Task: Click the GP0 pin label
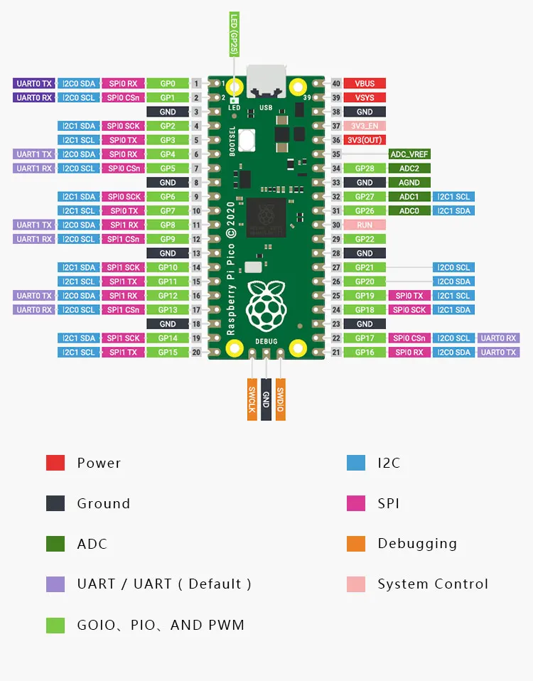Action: pyautogui.click(x=168, y=83)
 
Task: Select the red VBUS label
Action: pyautogui.click(x=365, y=83)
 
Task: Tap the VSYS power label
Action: pyautogui.click(x=365, y=97)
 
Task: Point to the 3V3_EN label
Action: pyautogui.click(x=365, y=126)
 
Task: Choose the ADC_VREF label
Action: pyautogui.click(x=409, y=154)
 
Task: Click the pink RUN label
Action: pyautogui.click(x=365, y=225)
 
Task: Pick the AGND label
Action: pyautogui.click(x=409, y=182)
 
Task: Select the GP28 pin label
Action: pyautogui.click(x=365, y=168)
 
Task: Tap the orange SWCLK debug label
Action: pyautogui.click(x=252, y=398)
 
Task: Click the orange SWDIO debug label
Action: pyautogui.click(x=280, y=398)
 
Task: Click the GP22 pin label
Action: pyautogui.click(x=365, y=239)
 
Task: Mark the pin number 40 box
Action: pyautogui.click(x=336, y=83)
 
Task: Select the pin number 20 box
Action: pyautogui.click(x=196, y=352)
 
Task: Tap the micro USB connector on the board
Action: pyautogui.click(x=266, y=80)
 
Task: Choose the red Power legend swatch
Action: pyautogui.click(x=55, y=463)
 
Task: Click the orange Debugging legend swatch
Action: pyautogui.click(x=356, y=544)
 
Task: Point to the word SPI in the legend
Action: pyautogui.click(x=388, y=503)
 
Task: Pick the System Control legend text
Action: pyautogui.click(x=433, y=584)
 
